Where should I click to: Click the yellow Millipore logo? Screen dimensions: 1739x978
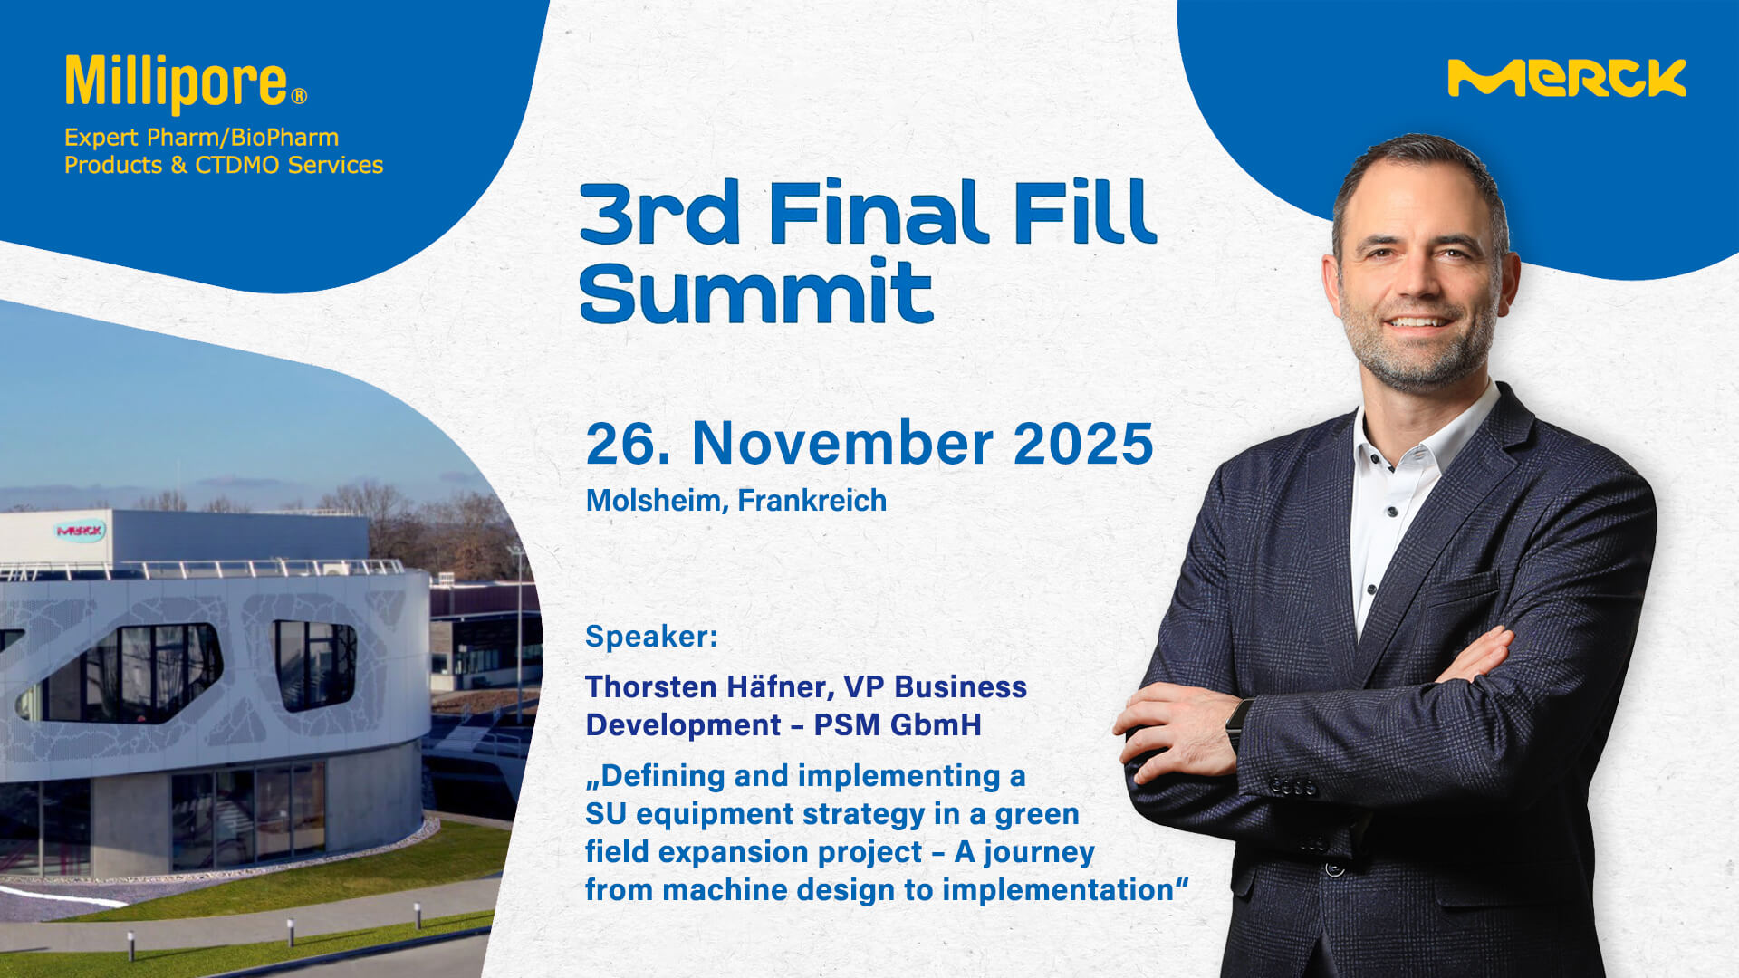pyautogui.click(x=186, y=83)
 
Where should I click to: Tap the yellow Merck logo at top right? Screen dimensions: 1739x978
pyautogui.click(x=1567, y=78)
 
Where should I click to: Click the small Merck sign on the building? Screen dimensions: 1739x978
pyautogui.click(x=80, y=531)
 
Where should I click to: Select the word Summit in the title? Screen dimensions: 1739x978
pyautogui.click(x=756, y=292)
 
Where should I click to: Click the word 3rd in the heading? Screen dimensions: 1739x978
pyautogui.click(x=659, y=213)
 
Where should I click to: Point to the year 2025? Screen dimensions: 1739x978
pyautogui.click(x=1083, y=444)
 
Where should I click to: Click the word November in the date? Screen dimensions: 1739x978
pyautogui.click(x=842, y=444)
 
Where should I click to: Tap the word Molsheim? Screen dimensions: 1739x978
pyautogui.click(x=657, y=501)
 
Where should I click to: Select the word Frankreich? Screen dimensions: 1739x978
pyautogui.click(x=812, y=500)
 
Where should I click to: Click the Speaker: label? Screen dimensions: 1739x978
pyautogui.click(x=651, y=637)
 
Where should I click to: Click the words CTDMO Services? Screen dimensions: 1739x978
pyautogui.click(x=289, y=165)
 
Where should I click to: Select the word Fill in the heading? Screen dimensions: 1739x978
pyautogui.click(x=1085, y=213)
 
